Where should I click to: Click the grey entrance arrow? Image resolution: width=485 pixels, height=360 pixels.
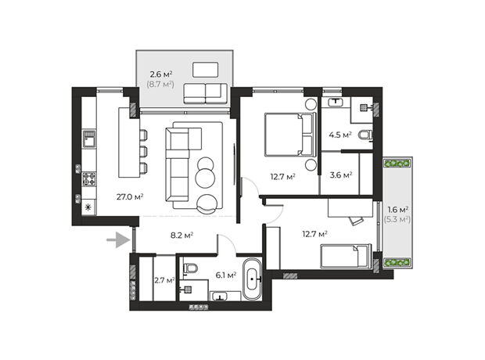coord(118,240)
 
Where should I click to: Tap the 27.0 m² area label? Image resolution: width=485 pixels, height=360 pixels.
coord(130,196)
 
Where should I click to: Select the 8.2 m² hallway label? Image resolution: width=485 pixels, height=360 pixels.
coord(181,236)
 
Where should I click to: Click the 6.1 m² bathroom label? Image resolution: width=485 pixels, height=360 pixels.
coord(226,275)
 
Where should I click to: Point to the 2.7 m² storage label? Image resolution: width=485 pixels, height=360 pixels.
coord(164,280)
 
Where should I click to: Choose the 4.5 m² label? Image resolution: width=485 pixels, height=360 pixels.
coord(340,135)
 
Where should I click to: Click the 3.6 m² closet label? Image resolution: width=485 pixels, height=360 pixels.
coord(341,175)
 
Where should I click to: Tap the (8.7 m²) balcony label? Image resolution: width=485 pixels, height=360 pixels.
coord(160,84)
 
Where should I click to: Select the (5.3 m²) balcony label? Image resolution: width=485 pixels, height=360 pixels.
coord(397,219)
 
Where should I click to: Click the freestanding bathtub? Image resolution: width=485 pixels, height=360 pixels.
coord(252,279)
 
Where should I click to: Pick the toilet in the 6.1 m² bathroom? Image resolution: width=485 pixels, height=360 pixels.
coord(190,268)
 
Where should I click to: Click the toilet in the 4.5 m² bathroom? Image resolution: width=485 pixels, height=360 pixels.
coord(365,135)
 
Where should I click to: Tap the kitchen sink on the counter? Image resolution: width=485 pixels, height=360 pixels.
coord(89,139)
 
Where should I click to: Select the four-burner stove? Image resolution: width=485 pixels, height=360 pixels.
coord(89,179)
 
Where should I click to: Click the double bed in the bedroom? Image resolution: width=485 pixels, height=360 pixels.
coord(290,134)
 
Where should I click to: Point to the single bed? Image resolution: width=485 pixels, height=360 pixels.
coord(346,256)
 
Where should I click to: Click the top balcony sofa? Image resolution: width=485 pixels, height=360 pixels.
coord(206,93)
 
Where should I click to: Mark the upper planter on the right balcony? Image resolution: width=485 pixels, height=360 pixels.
coord(397,163)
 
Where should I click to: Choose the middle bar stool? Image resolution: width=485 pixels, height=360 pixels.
coord(143,152)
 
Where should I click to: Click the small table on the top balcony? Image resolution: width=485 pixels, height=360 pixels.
coord(206,70)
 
